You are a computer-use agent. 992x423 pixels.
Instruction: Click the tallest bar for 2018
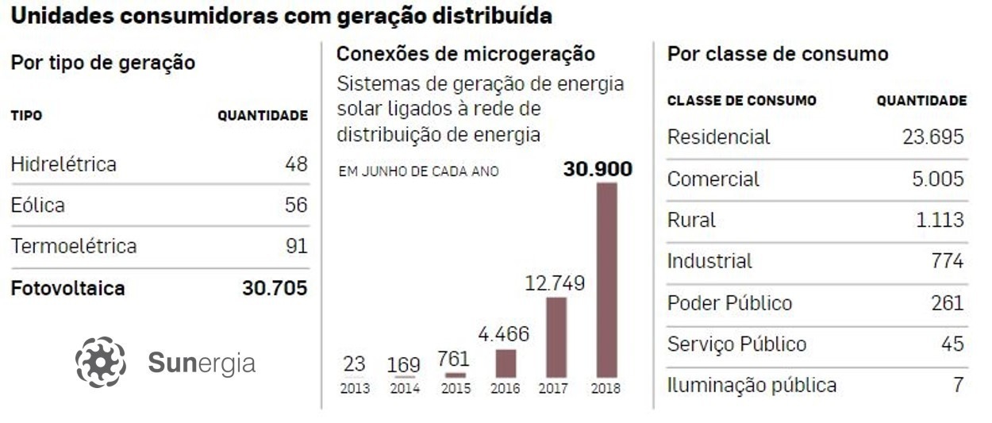[606, 279]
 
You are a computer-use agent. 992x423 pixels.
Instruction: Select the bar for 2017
[556, 336]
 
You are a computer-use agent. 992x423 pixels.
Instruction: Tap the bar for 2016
[506, 363]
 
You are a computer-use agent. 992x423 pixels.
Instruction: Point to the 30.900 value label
[598, 169]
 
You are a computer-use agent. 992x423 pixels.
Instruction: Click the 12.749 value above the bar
[556, 283]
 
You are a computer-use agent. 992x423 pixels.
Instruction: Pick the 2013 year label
[354, 389]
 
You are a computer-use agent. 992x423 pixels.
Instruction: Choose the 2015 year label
[456, 389]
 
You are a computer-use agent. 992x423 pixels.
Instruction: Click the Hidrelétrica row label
[63, 164]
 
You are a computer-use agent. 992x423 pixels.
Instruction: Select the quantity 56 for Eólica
[296, 206]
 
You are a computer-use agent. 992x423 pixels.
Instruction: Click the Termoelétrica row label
[74, 246]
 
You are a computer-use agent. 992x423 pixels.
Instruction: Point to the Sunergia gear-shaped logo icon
[101, 363]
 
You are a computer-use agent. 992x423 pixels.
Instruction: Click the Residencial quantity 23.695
[932, 137]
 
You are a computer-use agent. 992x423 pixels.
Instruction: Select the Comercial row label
[713, 179]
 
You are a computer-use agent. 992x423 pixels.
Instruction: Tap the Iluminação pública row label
[752, 386]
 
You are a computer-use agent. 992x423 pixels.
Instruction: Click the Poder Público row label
[729, 303]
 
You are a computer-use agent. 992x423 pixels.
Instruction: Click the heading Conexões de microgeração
[465, 54]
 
